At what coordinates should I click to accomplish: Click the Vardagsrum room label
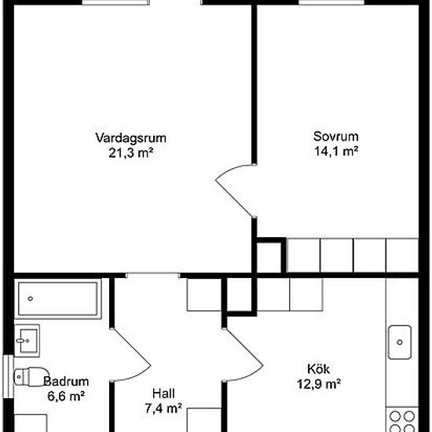click(130, 138)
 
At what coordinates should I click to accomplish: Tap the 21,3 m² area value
click(131, 153)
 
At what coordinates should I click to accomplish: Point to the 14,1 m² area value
click(336, 152)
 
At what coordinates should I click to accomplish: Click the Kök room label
click(318, 369)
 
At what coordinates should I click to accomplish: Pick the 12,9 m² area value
click(319, 384)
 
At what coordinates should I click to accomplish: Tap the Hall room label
click(163, 394)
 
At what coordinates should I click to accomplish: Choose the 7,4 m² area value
click(163, 408)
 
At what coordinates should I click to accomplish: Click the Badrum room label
click(66, 382)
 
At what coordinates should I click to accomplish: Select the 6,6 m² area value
click(66, 397)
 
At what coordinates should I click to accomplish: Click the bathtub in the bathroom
click(58, 298)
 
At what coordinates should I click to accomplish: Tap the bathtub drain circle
click(31, 298)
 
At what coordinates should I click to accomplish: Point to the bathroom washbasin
click(27, 341)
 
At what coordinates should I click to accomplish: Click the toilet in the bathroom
click(31, 376)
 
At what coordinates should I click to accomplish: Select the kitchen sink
click(400, 342)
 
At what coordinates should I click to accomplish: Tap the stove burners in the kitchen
click(402, 422)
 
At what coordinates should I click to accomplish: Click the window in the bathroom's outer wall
click(9, 376)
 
